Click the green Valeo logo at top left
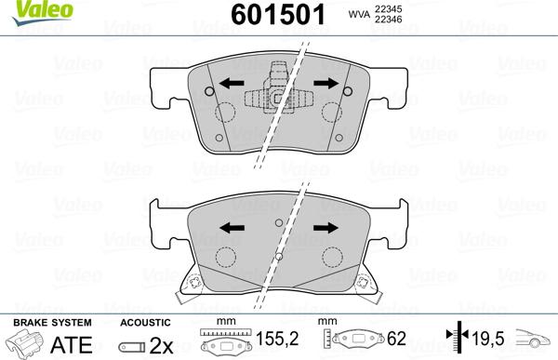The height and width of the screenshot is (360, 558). tap(43, 12)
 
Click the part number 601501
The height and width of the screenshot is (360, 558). tap(278, 15)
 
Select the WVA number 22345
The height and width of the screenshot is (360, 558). tap(388, 8)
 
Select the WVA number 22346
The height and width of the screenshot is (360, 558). tap(388, 20)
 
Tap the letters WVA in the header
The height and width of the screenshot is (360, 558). tap(359, 14)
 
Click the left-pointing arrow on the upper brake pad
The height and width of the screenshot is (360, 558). tap(232, 84)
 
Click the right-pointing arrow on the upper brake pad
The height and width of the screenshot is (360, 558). tap(326, 84)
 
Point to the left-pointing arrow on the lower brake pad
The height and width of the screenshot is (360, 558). tap(232, 228)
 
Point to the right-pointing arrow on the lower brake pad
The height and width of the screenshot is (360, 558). tap(326, 228)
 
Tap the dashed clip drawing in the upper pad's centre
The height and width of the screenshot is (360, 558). tap(278, 88)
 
